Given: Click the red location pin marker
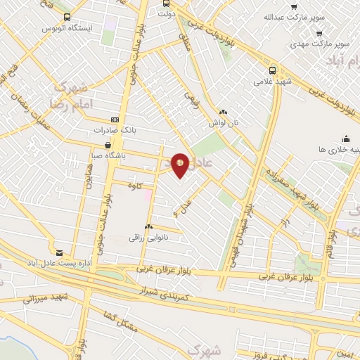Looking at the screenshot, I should tap(181, 165).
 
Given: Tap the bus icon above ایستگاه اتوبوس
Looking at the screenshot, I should tap(67, 18).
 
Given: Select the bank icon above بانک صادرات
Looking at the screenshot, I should tap(116, 120).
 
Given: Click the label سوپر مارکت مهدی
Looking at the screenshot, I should tap(320, 44).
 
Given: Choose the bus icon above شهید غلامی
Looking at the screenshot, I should tap(273, 70).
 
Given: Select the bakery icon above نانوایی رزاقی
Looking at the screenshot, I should tap(148, 227).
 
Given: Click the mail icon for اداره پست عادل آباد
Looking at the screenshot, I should tap(59, 252).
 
